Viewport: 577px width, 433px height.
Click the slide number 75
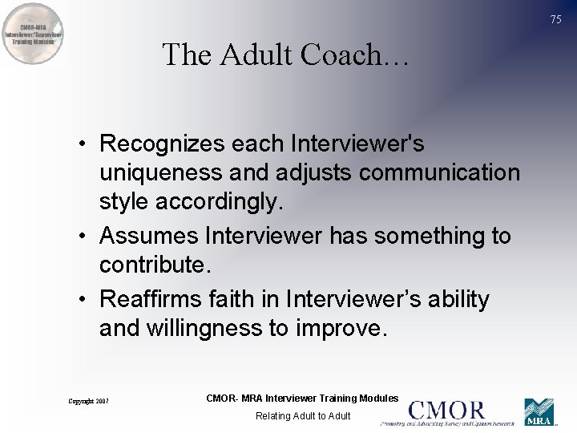(556, 20)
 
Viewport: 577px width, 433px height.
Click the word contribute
(153, 265)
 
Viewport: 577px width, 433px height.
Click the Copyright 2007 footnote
(88, 401)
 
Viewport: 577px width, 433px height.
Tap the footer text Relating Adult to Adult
(303, 415)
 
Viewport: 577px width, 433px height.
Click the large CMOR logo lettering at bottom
(446, 408)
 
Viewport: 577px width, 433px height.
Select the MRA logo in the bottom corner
(539, 412)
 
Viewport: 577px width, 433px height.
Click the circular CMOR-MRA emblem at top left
(33, 34)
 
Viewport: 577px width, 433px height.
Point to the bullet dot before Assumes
(83, 237)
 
